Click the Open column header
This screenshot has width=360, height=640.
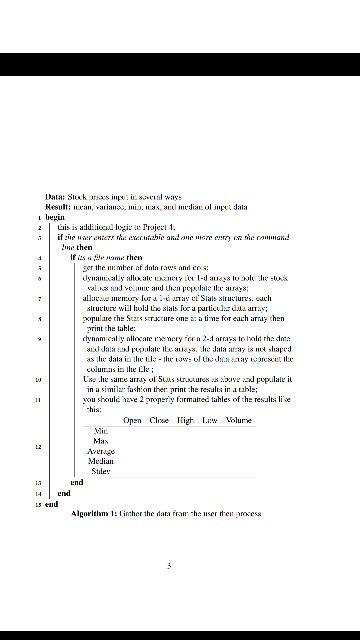click(133, 421)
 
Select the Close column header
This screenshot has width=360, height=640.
click(159, 421)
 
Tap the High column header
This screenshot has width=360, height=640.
click(184, 421)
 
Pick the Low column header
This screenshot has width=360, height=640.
click(208, 421)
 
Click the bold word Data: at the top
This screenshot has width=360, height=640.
click(55, 197)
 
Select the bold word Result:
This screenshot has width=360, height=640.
click(58, 206)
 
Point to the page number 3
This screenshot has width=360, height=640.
click(170, 565)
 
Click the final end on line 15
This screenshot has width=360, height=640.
click(43, 503)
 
